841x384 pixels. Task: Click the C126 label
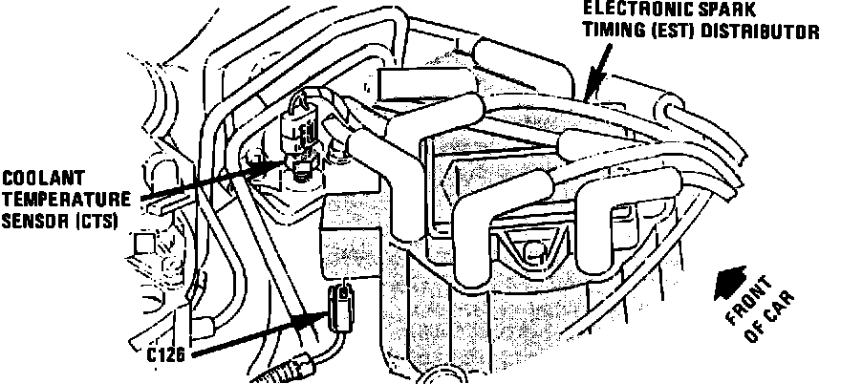point(166,353)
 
